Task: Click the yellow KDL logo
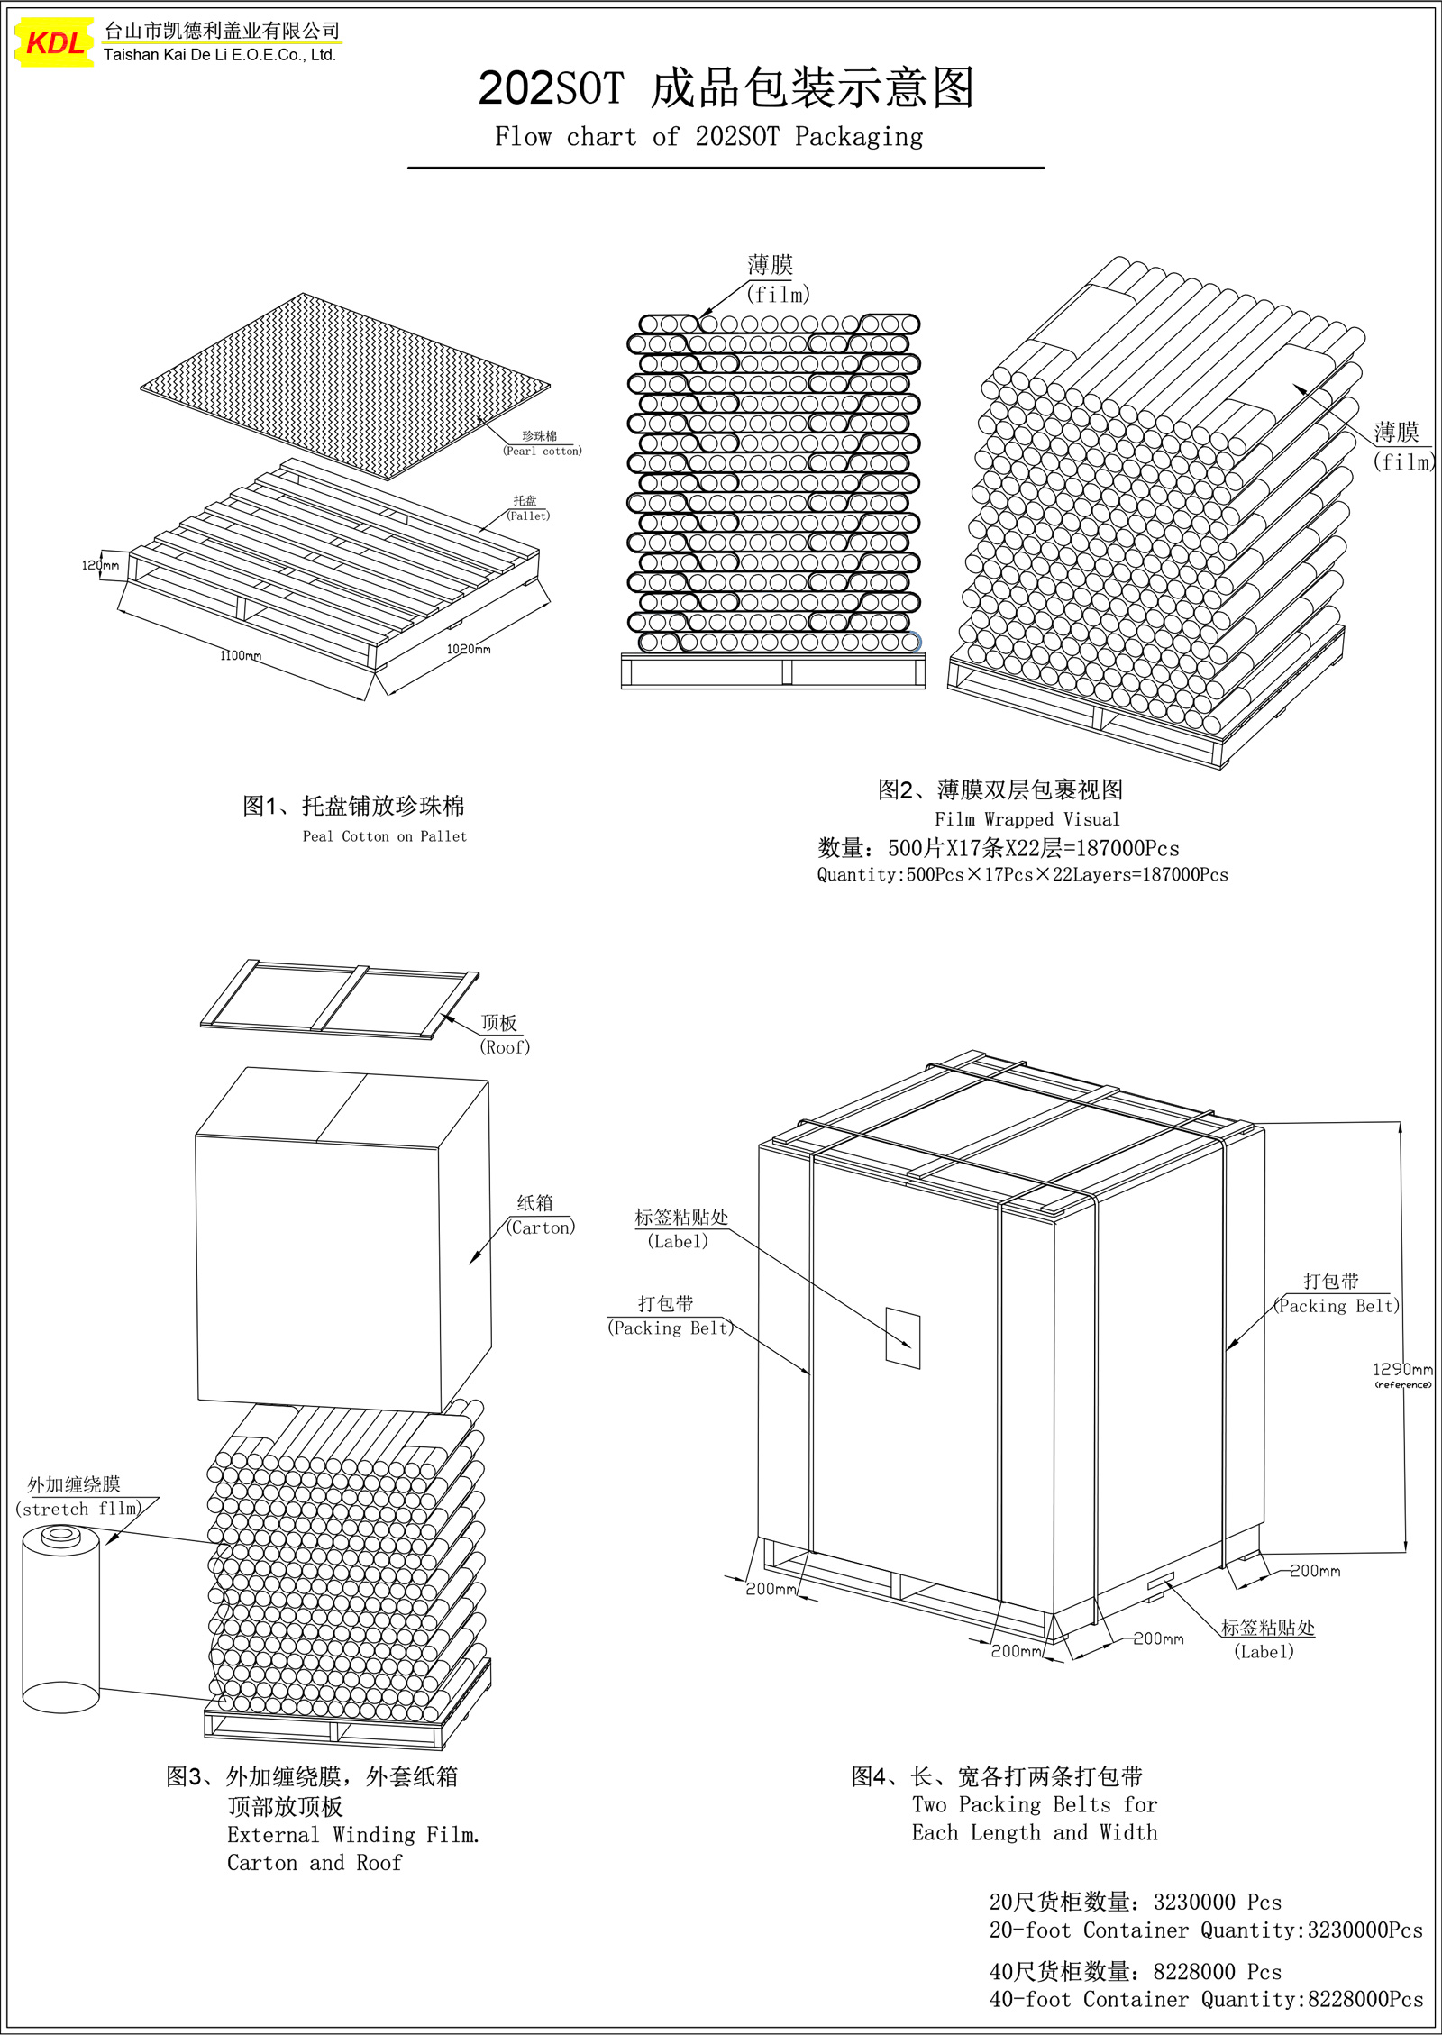(x=55, y=41)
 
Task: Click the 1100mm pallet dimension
(x=241, y=655)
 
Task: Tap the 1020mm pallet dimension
(x=469, y=649)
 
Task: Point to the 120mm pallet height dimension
(x=100, y=565)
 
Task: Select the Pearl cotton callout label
(x=542, y=451)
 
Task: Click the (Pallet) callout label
(x=528, y=516)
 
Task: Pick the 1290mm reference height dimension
(x=1402, y=1369)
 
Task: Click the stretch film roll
(x=60, y=1619)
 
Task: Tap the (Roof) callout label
(x=505, y=1047)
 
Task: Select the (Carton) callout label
(x=540, y=1227)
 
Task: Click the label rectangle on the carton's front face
(x=903, y=1337)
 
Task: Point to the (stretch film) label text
(x=78, y=1509)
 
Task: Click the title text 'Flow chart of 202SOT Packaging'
(x=709, y=137)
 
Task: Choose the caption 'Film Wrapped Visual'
(x=1027, y=819)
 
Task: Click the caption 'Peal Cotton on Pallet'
(x=385, y=836)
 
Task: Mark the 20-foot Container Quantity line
(x=1206, y=1930)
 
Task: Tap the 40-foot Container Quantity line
(x=1206, y=2000)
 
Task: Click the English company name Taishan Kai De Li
(x=220, y=55)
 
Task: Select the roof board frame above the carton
(x=340, y=999)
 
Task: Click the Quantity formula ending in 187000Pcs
(x=1022, y=874)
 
